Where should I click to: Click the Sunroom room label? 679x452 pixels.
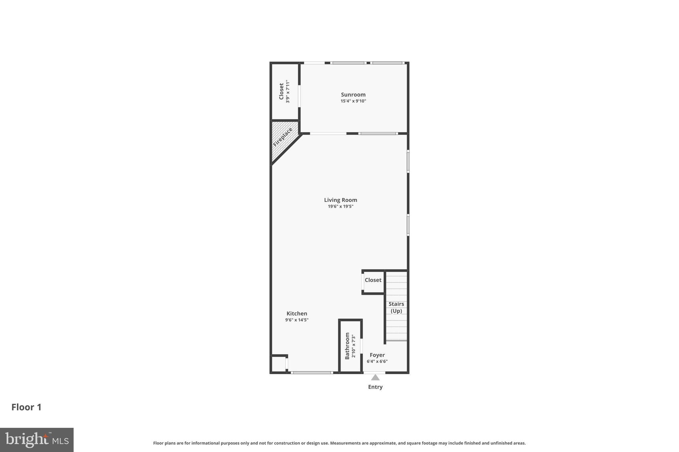pos(353,95)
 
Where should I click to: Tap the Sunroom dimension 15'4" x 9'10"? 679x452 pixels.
pos(353,101)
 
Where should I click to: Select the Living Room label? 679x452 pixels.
pos(340,200)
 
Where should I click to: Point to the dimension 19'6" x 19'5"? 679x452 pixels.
pos(340,206)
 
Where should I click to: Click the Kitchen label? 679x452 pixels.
pos(297,314)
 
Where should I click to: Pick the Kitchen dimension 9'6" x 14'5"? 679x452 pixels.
pos(297,320)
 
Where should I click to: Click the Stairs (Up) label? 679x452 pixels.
pos(396,307)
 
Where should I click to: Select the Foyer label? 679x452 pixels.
pos(377,355)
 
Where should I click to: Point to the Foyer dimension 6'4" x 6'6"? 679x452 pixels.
pos(377,361)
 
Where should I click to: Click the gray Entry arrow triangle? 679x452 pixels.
pos(375,377)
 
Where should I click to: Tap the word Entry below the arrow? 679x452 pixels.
pos(375,387)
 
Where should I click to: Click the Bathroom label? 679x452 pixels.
pos(347,346)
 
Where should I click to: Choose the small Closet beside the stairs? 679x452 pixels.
pos(373,280)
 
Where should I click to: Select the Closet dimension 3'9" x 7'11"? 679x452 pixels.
pos(288,91)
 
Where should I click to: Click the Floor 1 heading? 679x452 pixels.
pos(27,407)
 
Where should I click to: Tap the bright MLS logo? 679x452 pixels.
pos(37,440)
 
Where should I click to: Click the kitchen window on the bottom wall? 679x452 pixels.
pos(312,373)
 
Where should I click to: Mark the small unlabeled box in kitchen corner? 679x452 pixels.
pos(278,364)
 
